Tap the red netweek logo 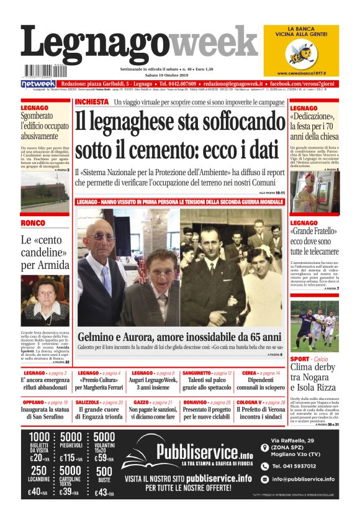(x=38, y=83)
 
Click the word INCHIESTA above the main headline (x=91, y=101)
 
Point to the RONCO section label (x=33, y=222)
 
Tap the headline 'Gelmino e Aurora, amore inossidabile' (x=179, y=337)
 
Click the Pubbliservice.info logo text (x=196, y=451)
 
